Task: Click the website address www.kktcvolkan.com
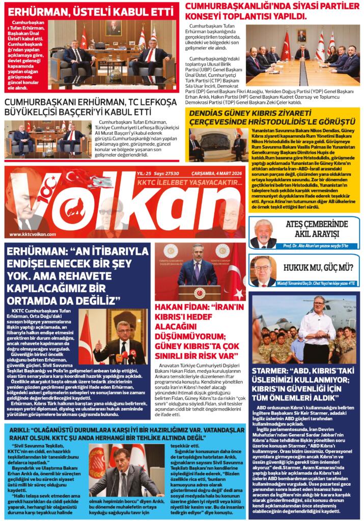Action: pyautogui.click(x=32, y=234)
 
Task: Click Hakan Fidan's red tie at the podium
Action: pyautogui.click(x=197, y=272)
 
